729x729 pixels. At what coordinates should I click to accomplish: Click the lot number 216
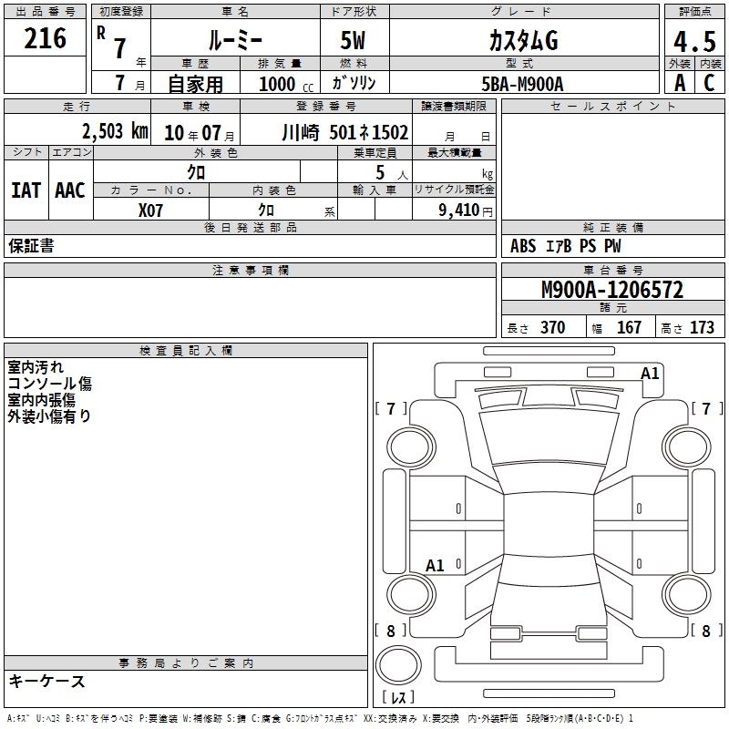(x=45, y=38)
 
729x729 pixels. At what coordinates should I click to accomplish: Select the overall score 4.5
(x=694, y=42)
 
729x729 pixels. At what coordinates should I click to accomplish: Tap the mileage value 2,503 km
(x=115, y=131)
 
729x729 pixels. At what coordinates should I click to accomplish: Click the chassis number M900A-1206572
(x=612, y=290)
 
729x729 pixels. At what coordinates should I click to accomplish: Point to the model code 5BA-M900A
(x=522, y=84)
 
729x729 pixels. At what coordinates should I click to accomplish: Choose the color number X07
(x=150, y=210)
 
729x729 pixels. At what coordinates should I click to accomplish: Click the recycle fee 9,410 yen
(x=466, y=210)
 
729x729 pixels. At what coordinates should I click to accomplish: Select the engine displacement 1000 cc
(x=286, y=84)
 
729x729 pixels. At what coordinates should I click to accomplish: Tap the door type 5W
(x=353, y=40)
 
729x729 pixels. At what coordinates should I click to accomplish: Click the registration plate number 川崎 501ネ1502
(x=345, y=132)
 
